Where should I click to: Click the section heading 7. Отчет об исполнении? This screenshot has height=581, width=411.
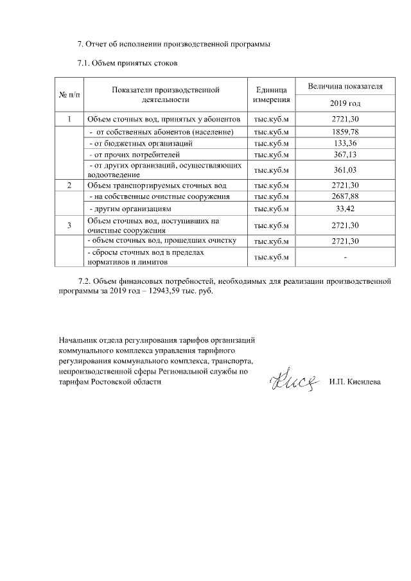[173, 44]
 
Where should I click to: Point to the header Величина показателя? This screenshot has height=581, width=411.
[345, 86]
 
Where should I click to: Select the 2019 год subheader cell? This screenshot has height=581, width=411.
[345, 103]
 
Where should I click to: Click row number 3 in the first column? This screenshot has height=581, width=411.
[69, 225]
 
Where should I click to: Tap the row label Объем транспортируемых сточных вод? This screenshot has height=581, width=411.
[157, 185]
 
